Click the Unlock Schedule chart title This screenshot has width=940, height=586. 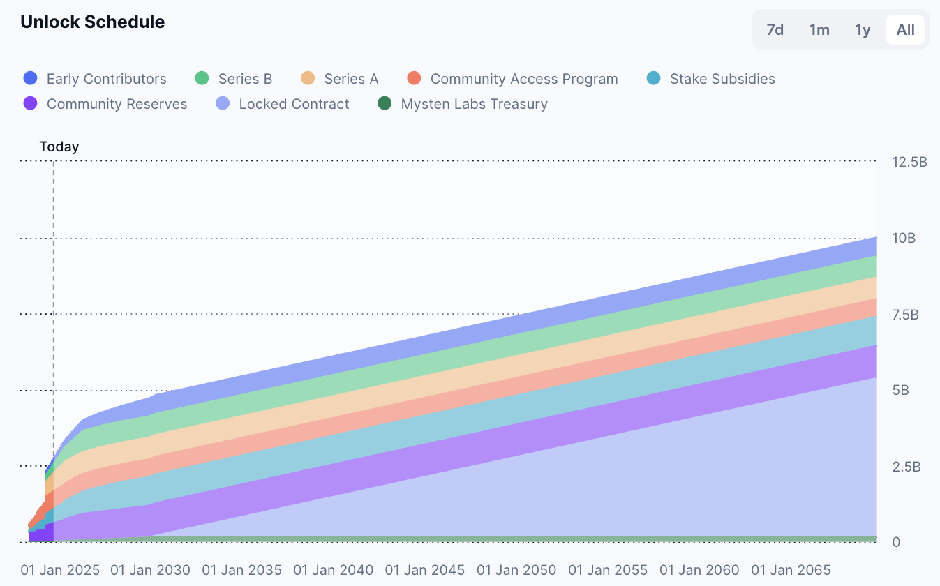[92, 22]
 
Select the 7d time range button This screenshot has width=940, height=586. [775, 29]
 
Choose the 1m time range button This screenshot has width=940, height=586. [819, 29]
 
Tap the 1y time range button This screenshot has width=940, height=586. [863, 29]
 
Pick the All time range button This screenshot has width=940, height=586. [905, 29]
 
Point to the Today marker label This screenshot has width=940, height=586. [59, 146]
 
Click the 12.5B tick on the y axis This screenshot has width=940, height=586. [909, 163]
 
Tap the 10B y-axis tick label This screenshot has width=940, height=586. [904, 239]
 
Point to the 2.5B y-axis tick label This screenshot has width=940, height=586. [907, 467]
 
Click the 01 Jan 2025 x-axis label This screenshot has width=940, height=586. [60, 570]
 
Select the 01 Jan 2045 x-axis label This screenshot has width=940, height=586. [425, 570]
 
